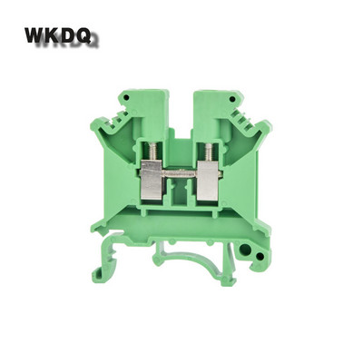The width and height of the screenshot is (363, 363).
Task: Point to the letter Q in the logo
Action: pyautogui.click(x=83, y=35)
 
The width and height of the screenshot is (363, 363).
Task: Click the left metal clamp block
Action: pyautogui.click(x=152, y=180)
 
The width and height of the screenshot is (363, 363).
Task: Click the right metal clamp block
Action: pyautogui.click(x=208, y=180)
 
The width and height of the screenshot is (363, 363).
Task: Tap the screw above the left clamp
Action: pyautogui.click(x=153, y=152)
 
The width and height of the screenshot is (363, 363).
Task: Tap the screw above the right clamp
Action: pyautogui.click(x=209, y=152)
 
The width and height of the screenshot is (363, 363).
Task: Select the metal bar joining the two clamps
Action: pyautogui.click(x=181, y=174)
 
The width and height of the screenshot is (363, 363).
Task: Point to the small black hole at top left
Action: pyautogui.click(x=127, y=97)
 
